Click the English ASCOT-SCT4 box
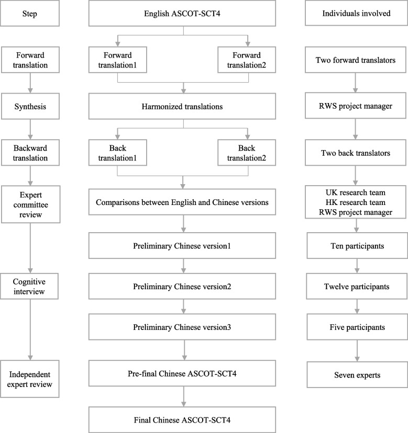[183, 14]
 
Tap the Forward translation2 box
[249, 60]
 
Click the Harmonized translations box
[183, 107]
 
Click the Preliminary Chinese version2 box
[183, 287]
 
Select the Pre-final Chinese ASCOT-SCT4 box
[183, 374]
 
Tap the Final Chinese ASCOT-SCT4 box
[183, 420]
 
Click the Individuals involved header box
[356, 14]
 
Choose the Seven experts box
[356, 374]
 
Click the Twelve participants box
[356, 287]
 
